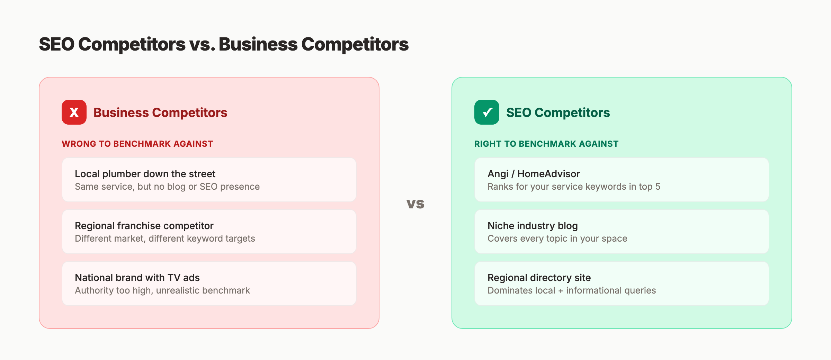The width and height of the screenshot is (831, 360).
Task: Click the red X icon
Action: click(74, 112)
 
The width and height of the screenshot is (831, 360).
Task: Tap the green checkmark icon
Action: click(487, 112)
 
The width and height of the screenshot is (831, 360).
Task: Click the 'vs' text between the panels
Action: click(415, 204)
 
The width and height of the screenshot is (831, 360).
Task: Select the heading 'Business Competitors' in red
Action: click(160, 112)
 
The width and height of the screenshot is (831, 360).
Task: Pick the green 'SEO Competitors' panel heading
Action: click(558, 112)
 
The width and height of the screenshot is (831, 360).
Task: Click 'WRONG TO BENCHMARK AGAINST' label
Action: click(137, 144)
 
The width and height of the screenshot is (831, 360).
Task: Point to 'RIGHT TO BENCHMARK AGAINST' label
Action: click(546, 144)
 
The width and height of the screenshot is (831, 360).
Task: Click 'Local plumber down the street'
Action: click(145, 174)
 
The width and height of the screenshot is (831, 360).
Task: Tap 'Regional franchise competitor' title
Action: click(144, 226)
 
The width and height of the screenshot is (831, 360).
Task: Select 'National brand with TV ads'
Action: click(137, 278)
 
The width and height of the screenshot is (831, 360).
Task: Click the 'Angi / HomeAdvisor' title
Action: click(534, 174)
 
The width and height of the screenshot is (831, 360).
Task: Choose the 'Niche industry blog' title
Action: click(533, 226)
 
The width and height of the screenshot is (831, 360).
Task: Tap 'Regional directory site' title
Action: click(539, 278)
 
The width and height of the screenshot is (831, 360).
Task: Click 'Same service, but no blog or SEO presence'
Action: click(167, 187)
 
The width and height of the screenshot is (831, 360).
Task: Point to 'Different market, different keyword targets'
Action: click(165, 238)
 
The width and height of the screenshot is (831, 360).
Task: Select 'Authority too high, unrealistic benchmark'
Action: click(162, 290)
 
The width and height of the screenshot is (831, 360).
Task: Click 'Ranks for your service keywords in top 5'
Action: click(574, 187)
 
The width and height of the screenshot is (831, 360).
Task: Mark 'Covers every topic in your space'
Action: click(557, 238)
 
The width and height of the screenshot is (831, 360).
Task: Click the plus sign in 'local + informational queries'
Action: click(561, 291)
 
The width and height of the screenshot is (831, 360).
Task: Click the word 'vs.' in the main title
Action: click(202, 45)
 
